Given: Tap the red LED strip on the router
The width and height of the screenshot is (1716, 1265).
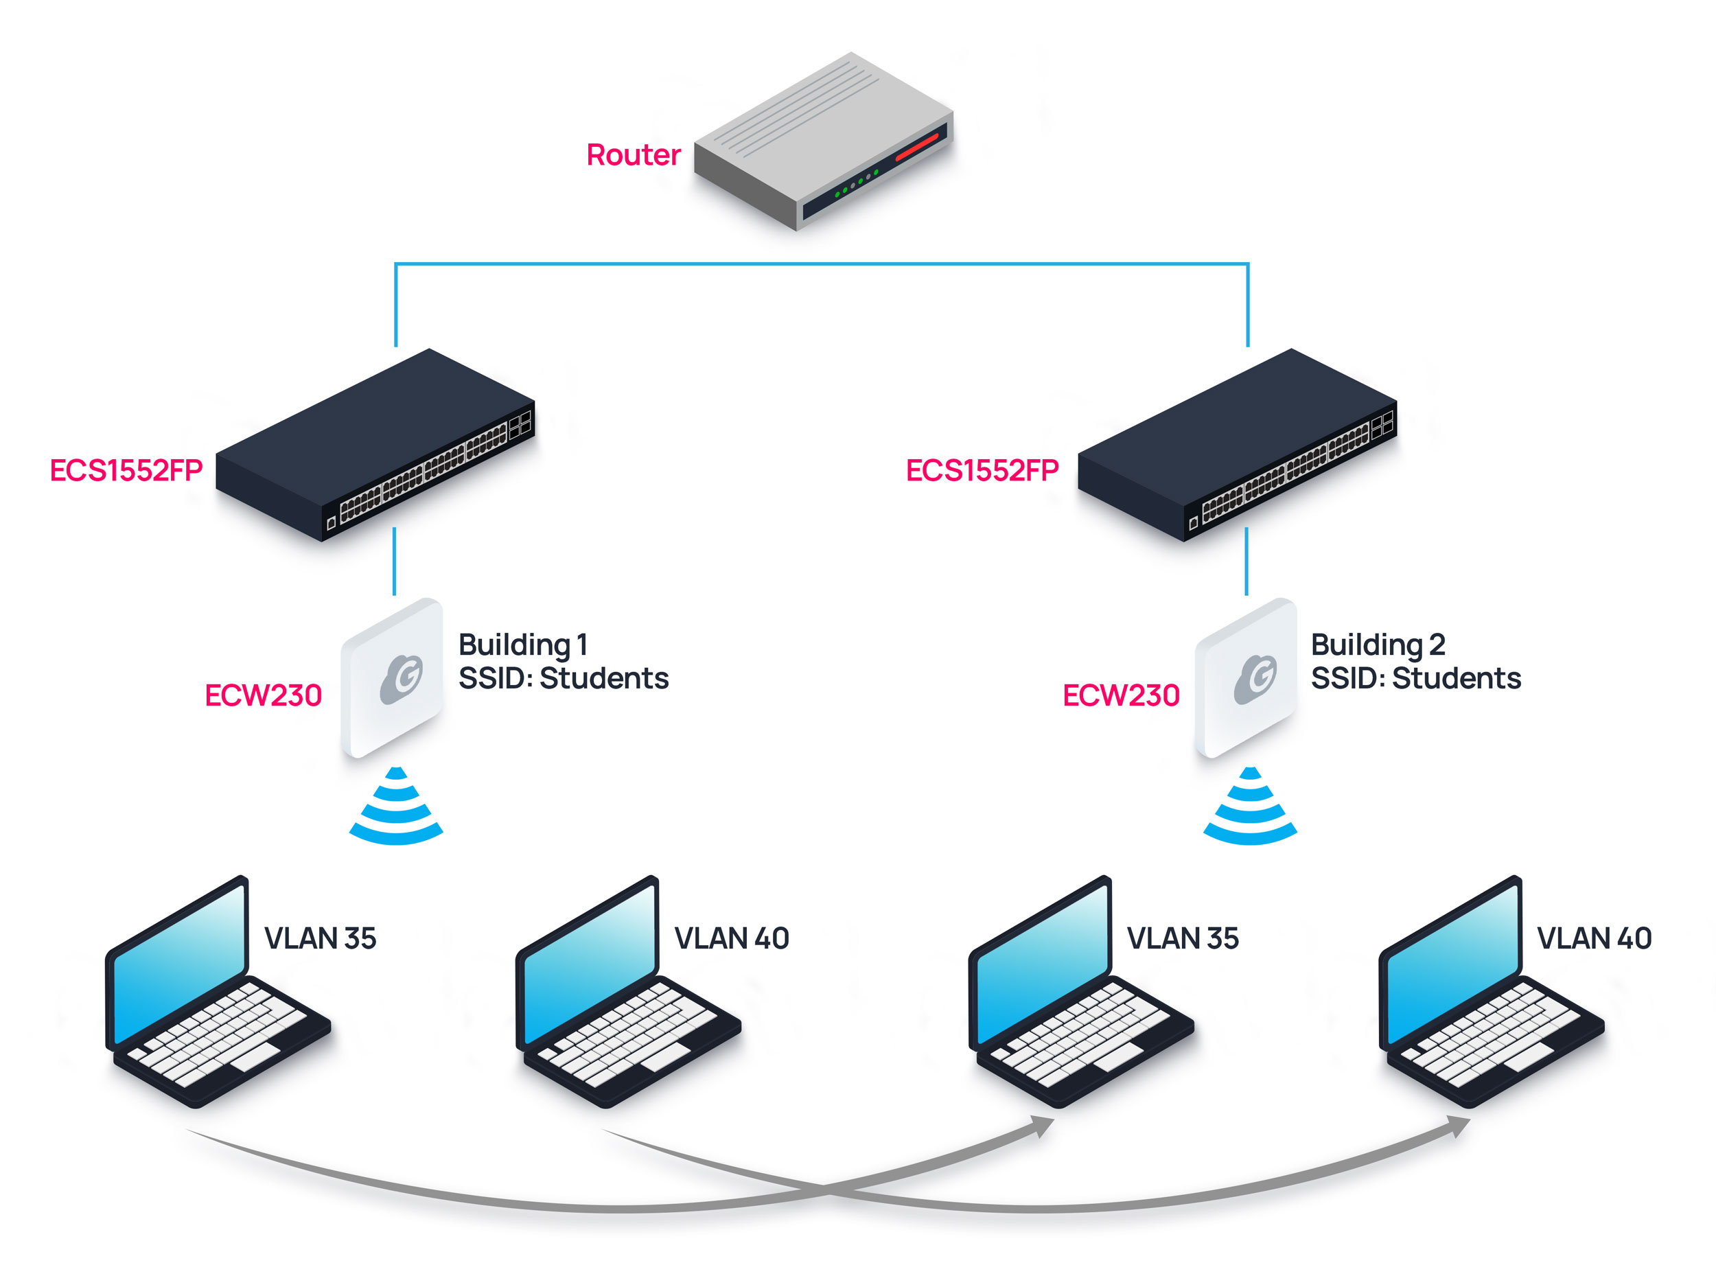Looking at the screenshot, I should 916,146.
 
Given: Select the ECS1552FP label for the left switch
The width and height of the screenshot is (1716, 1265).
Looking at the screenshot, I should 126,470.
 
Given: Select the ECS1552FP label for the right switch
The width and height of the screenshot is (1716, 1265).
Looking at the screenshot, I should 982,470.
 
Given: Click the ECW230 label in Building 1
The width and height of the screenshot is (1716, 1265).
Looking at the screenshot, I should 263,695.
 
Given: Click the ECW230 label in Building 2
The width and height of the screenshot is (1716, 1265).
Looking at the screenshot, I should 1120,695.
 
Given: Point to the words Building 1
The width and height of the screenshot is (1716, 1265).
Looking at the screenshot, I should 523,645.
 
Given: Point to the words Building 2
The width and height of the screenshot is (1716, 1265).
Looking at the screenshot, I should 1378,645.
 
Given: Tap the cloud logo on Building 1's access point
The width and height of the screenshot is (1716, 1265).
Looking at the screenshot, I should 402,677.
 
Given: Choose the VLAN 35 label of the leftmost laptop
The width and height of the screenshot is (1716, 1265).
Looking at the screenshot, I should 320,938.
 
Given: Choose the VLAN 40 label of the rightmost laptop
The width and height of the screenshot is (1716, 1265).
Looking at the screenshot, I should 1594,938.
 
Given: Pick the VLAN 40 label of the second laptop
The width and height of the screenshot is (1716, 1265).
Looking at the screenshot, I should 731,938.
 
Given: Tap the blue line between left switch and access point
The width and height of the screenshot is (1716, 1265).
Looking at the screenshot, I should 395,561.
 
